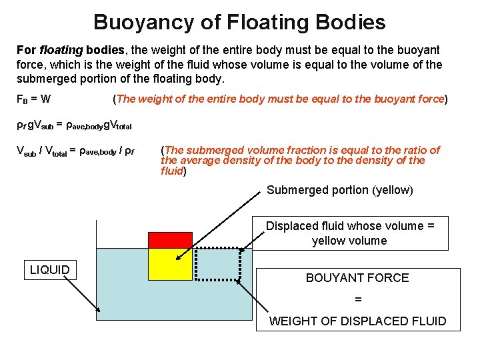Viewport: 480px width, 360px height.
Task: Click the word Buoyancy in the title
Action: [x=142, y=22]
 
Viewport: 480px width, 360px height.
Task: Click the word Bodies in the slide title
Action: [x=354, y=22]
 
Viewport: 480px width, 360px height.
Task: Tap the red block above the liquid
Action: [x=170, y=240]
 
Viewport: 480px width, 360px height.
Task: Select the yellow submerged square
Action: [x=170, y=264]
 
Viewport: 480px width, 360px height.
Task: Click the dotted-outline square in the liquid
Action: [x=217, y=264]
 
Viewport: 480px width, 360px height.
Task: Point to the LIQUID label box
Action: [x=50, y=270]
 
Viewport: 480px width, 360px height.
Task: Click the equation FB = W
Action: [x=33, y=99]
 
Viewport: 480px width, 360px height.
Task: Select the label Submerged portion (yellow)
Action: [x=340, y=190]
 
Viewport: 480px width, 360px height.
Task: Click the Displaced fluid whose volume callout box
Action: [x=350, y=233]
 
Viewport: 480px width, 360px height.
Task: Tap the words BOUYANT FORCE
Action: [x=357, y=278]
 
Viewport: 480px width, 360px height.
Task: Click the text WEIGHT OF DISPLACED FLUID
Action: [x=357, y=321]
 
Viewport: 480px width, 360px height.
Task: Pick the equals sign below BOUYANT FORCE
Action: [x=358, y=300]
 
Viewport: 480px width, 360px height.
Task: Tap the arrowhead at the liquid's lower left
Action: [x=99, y=310]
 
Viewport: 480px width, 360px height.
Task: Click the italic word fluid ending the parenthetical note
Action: [x=172, y=171]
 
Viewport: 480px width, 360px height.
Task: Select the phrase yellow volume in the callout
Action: [x=349, y=241]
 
